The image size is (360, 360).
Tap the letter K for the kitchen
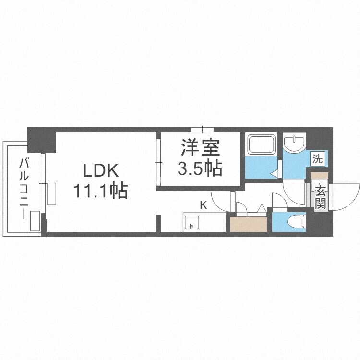point(203,205)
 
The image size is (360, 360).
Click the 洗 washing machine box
point(317,158)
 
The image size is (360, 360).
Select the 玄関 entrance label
point(320,196)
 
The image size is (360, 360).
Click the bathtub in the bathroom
point(261,144)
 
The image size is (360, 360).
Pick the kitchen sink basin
point(192,223)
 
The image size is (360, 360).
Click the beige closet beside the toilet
point(248,224)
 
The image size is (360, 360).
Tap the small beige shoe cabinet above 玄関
point(319,175)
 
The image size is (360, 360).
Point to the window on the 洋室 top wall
point(202,129)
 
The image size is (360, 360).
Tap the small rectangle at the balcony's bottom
point(35,222)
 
